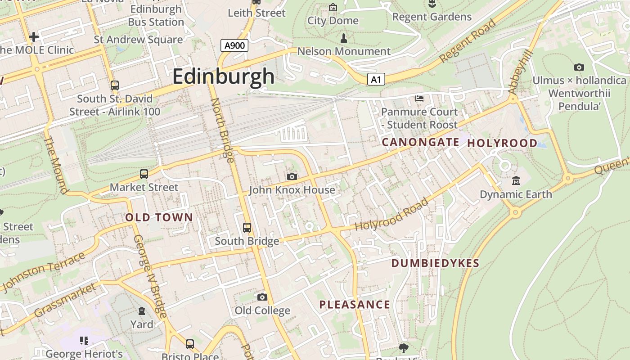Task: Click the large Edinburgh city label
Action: (223, 76)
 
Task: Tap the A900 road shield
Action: (234, 45)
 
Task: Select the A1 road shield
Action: (376, 80)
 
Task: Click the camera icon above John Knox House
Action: (292, 176)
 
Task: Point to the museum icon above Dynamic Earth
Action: (516, 181)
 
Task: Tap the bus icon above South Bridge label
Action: (247, 227)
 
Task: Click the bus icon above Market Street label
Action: (144, 174)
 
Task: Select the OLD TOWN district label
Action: (159, 217)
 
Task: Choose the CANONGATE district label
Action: (420, 142)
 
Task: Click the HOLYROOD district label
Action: (502, 143)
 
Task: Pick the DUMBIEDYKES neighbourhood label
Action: (435, 263)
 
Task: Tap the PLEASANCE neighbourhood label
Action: (355, 305)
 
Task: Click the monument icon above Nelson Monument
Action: (344, 38)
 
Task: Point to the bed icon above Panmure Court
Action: (419, 98)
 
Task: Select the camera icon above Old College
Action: (262, 297)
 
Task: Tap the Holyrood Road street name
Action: (391, 215)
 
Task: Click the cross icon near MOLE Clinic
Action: (34, 36)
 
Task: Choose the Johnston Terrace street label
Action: (44, 272)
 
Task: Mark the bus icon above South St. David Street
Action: (115, 85)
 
